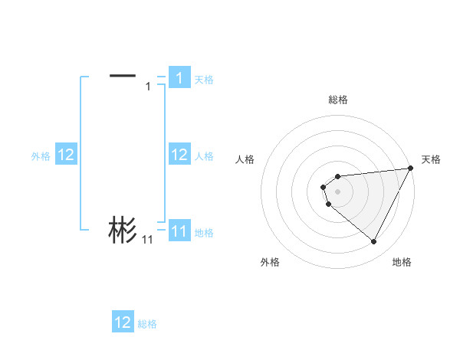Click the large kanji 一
click(123, 75)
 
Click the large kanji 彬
click(123, 230)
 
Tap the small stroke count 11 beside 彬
click(147, 240)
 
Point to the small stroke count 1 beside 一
click(148, 86)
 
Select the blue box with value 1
click(179, 77)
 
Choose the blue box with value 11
click(179, 231)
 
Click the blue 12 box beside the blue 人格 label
click(179, 155)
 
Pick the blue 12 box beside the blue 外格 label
click(65, 155)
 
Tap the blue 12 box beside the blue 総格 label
click(123, 322)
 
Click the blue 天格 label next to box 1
click(204, 79)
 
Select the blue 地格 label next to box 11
click(204, 232)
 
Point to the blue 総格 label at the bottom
click(147, 324)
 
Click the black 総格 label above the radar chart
click(337, 100)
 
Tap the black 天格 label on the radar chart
click(431, 159)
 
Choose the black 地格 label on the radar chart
click(402, 262)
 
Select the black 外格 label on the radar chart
click(270, 262)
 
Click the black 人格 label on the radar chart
click(245, 159)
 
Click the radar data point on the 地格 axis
click(373, 242)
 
